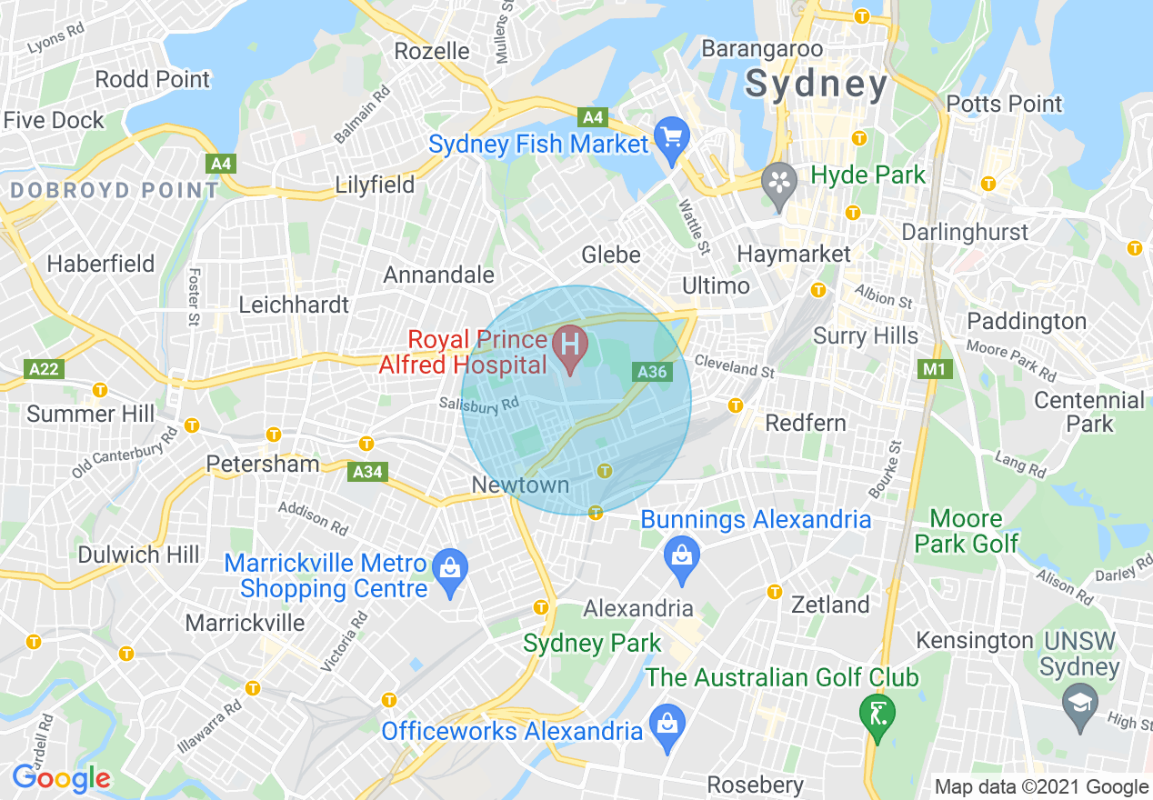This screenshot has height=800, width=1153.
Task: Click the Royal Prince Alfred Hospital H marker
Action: [x=570, y=347]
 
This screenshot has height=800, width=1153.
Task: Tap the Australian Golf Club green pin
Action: [x=877, y=715]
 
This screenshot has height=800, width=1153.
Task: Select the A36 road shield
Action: [x=652, y=372]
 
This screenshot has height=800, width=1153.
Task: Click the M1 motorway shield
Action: [x=933, y=369]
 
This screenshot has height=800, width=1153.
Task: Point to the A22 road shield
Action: [x=42, y=368]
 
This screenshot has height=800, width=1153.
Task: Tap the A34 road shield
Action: [x=368, y=472]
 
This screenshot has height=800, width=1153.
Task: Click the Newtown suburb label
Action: [x=520, y=485]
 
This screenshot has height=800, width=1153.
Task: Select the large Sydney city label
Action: [x=816, y=85]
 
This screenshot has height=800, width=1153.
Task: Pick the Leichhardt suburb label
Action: [x=294, y=305]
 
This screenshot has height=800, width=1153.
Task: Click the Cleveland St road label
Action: [x=734, y=366]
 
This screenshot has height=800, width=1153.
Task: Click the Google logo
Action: [x=61, y=777]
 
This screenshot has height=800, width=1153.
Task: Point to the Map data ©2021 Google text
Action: [x=1042, y=787]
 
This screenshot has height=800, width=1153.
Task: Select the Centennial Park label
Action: [x=1089, y=412]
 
